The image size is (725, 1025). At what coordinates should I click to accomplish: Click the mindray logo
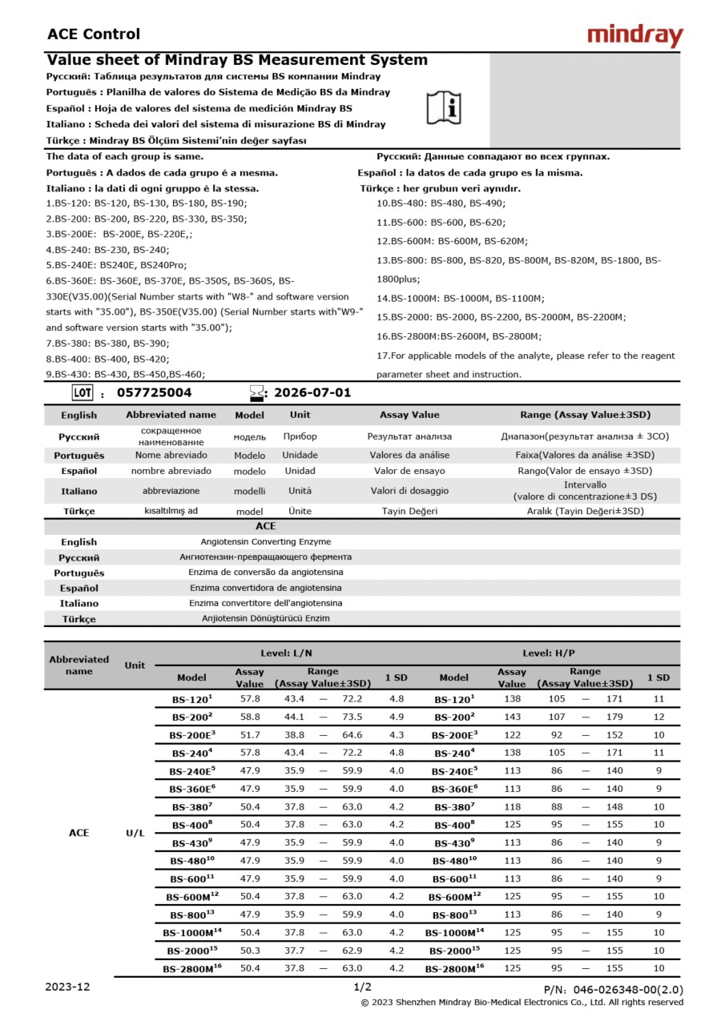coord(634,35)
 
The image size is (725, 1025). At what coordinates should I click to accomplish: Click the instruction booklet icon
coord(444,107)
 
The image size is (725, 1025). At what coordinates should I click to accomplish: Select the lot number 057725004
coord(154,393)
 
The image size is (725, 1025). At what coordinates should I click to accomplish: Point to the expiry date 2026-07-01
coord(312,393)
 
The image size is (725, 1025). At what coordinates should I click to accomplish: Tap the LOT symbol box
coord(82,393)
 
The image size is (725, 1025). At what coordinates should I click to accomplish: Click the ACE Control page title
coord(94,34)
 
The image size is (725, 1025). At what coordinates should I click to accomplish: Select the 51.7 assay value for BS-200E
coord(250,735)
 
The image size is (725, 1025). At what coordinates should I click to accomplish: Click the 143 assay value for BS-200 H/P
coord(512,717)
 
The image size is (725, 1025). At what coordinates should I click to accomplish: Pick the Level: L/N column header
coord(286,653)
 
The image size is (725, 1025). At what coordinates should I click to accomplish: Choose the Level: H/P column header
coord(549,653)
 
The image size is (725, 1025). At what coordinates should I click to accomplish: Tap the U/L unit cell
coord(135,833)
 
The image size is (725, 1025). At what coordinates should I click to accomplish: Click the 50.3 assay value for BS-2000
coord(250,951)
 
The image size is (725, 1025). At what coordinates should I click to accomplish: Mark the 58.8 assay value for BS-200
coord(250,717)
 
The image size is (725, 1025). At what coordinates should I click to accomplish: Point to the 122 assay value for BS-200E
coord(512,735)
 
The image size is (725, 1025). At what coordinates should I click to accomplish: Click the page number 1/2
coord(362,987)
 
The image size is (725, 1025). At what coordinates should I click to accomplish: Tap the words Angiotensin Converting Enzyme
coord(265,542)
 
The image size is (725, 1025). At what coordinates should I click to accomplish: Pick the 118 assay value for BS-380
coord(512,806)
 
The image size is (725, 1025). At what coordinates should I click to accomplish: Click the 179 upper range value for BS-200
coord(614,717)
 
